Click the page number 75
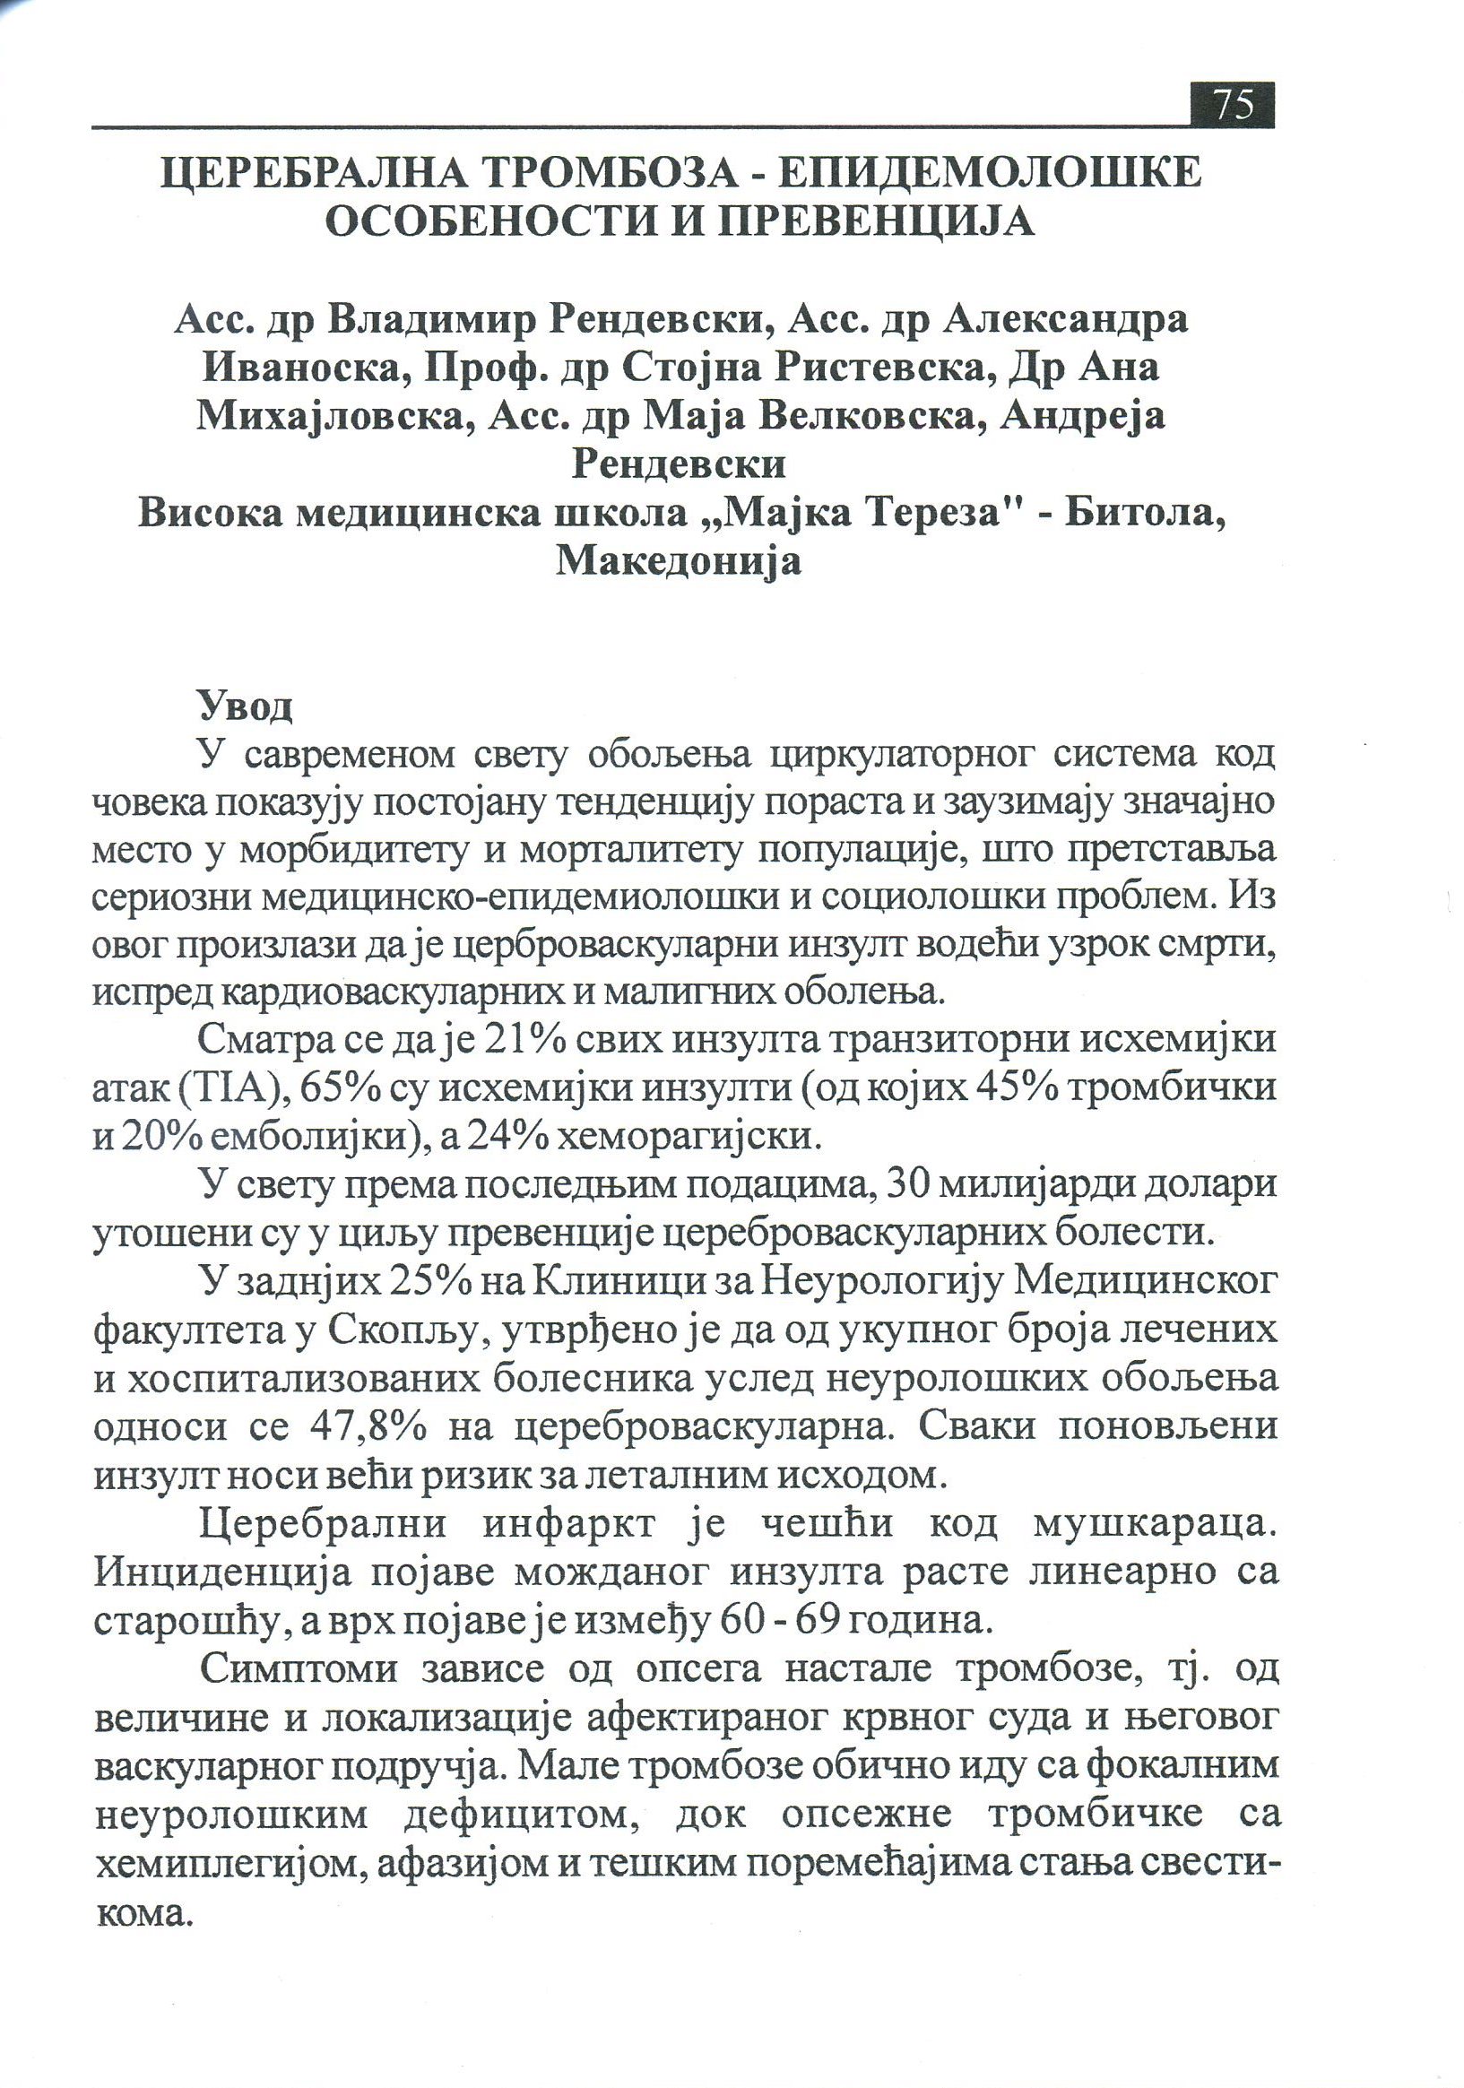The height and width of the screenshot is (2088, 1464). click(1232, 105)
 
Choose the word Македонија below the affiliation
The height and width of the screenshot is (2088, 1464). click(679, 561)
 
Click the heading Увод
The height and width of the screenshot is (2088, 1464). click(245, 706)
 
